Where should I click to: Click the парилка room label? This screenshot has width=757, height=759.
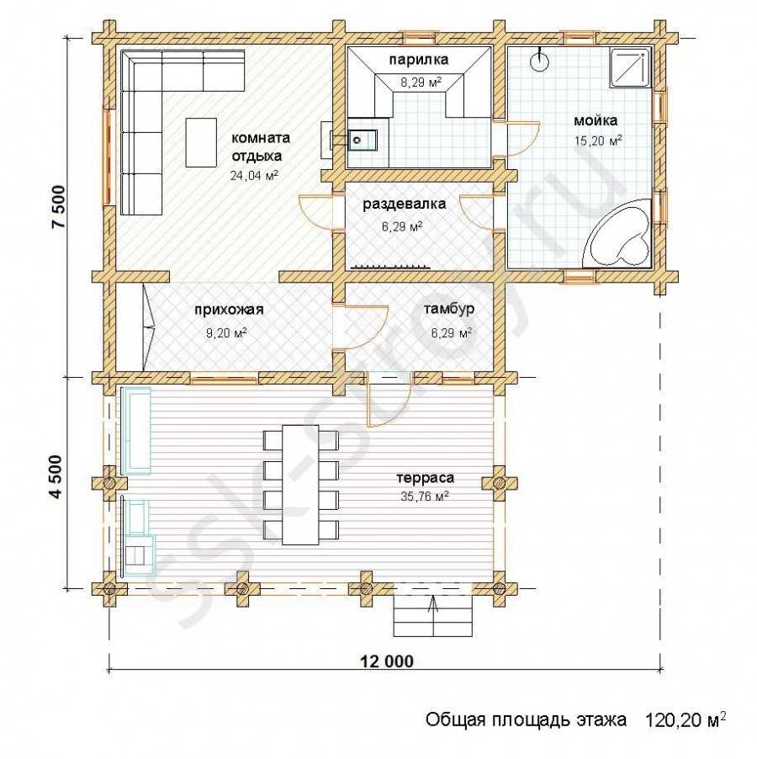418,60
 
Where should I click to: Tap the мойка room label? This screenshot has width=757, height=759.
596,120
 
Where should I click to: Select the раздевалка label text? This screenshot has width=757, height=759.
404,204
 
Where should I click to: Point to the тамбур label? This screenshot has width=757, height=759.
449,310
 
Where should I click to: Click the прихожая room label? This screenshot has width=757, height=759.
229,310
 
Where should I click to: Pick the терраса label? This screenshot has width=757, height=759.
425,478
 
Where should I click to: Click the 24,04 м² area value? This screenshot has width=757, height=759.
254,175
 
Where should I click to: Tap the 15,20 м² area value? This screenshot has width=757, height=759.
598,141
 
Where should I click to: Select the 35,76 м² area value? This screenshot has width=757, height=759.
424,496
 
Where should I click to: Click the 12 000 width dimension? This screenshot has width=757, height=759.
387,661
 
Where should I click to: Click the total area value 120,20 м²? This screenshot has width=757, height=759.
686,719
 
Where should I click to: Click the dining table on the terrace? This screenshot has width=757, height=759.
300,485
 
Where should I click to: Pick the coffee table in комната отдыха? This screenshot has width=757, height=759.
201,142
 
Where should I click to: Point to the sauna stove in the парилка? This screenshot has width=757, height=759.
362,141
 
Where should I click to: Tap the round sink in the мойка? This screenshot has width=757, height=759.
540,61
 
